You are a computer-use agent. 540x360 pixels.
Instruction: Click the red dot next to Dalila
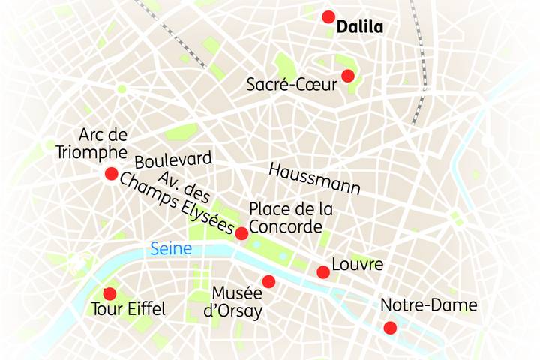click(x=328, y=16)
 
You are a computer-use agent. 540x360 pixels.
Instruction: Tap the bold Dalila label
click(x=360, y=28)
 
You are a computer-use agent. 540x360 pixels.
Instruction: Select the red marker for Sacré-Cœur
click(x=347, y=75)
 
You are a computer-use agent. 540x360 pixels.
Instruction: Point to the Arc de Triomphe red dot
click(x=111, y=174)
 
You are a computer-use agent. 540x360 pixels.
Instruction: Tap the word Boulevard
click(x=173, y=160)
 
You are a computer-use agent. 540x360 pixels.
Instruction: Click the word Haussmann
click(x=314, y=178)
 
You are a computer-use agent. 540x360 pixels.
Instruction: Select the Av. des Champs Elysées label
click(x=177, y=201)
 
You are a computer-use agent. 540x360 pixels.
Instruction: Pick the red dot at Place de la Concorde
click(x=241, y=233)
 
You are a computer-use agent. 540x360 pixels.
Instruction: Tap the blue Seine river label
click(x=171, y=248)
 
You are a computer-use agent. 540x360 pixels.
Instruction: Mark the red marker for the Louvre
click(x=323, y=271)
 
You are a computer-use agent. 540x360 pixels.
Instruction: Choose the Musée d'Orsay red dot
click(x=268, y=281)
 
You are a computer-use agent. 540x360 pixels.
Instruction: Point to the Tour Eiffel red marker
click(x=109, y=293)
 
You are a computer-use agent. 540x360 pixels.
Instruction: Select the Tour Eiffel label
click(x=127, y=308)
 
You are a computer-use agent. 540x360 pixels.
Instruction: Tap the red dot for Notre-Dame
click(x=390, y=327)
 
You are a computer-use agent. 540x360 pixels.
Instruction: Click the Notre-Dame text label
click(x=428, y=305)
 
